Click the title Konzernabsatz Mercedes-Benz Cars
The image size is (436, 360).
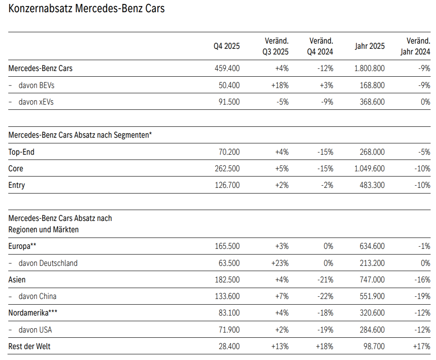pyautogui.click(x=86, y=8)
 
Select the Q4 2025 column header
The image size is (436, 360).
pyautogui.click(x=227, y=46)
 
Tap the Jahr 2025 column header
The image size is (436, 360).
pyautogui.click(x=370, y=46)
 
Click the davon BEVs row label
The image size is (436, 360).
pyautogui.click(x=37, y=85)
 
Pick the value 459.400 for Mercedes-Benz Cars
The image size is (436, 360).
pyautogui.click(x=227, y=68)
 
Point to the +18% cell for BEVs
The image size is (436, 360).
pyautogui.click(x=280, y=85)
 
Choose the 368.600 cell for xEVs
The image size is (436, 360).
pyautogui.click(x=372, y=102)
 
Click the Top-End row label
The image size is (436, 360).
pyautogui.click(x=21, y=152)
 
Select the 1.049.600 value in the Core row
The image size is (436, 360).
pyautogui.click(x=370, y=169)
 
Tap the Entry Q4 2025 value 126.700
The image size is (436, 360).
pyautogui.click(x=227, y=185)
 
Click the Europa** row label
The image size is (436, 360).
pyautogui.click(x=22, y=246)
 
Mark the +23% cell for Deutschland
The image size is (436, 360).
pyautogui.click(x=280, y=263)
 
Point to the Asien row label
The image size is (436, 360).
pyautogui.click(x=17, y=280)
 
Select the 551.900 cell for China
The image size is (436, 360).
pyautogui.click(x=372, y=296)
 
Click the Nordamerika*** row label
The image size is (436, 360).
pyautogui.click(x=33, y=313)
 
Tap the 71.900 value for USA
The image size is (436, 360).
pyautogui.click(x=229, y=329)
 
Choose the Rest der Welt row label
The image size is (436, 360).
pyautogui.click(x=30, y=346)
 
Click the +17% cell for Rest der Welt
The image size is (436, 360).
pyautogui.click(x=422, y=346)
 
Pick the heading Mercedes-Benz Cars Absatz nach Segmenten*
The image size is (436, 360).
pyautogui.click(x=80, y=135)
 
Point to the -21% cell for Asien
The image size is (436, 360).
pyautogui.click(x=325, y=280)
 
